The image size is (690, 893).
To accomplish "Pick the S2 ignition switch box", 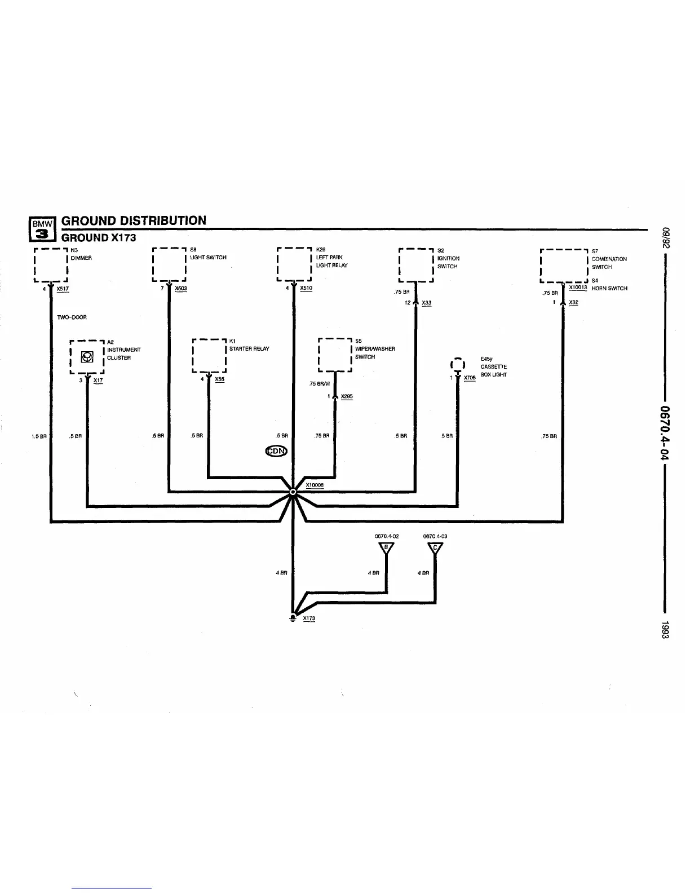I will pos(415,265).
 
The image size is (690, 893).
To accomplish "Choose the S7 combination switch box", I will pos(563,266).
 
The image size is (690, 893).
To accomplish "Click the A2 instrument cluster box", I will pos(87,356).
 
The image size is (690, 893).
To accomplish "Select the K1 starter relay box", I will pos(209,356).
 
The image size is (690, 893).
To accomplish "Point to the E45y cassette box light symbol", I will pos(458,365).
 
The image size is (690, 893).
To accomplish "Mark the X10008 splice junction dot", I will pos(293,492).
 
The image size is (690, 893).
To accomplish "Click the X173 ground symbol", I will pos(293,617).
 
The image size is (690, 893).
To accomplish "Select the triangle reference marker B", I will pos(386,547).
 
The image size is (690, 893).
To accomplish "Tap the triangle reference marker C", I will pos(435,547).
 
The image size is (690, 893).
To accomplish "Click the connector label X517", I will pos(63,289).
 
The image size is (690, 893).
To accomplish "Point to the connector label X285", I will pos(347,396).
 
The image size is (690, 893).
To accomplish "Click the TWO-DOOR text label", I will pos(72,317).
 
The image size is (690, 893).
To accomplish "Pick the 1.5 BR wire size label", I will pos(38,436).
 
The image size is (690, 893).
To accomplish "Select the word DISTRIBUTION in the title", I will pos(160,220).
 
